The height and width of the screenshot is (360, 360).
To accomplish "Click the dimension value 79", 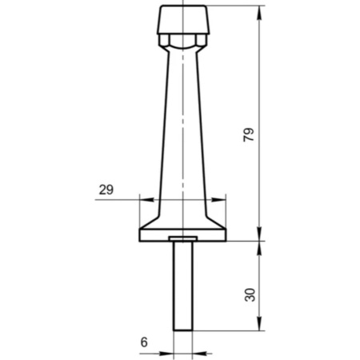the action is point(249,135).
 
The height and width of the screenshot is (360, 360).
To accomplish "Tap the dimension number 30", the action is point(250,294).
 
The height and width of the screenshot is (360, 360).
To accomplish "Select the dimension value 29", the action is point(106,190).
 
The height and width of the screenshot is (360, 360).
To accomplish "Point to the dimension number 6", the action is point(144,342).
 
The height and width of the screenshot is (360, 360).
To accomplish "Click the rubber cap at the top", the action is point(183,19).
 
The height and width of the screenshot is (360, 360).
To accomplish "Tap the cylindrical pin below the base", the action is point(183,286).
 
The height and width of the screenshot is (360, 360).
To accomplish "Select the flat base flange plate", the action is point(182,235).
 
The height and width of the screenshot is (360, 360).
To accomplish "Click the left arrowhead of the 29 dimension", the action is point(146,199).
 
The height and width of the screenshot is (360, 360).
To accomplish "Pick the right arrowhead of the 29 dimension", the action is point(218,199).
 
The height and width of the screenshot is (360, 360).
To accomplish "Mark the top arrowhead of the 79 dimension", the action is point(260,12).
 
